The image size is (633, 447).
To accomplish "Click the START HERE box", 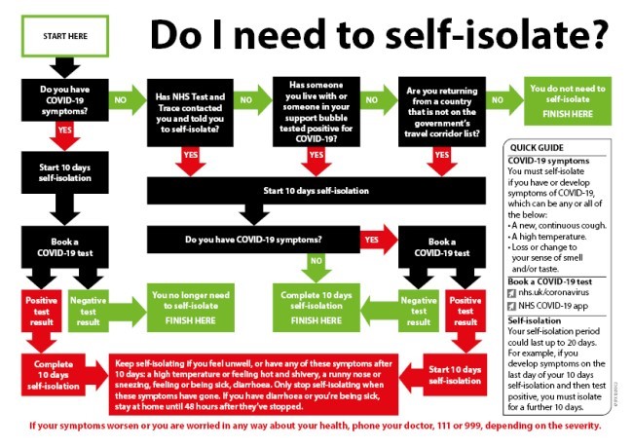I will coord(64,35).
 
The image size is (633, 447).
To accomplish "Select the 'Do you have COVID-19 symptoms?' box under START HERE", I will coord(64,99).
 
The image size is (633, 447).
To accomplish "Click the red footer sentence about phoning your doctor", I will coord(316,426).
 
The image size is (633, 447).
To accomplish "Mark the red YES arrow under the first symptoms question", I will coord(64,130).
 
